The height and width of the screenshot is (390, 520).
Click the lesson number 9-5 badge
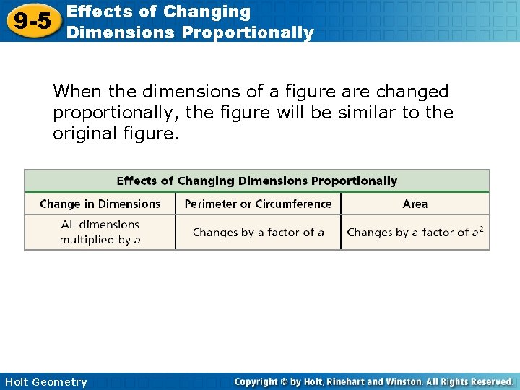[x=32, y=22]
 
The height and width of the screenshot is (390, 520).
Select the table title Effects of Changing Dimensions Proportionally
[x=257, y=181]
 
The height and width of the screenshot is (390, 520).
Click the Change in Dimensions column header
[x=100, y=204]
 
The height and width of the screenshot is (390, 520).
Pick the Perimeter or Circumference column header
[x=258, y=204]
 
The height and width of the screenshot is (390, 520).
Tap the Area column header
[x=415, y=204]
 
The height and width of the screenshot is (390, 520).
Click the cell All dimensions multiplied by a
[x=100, y=232]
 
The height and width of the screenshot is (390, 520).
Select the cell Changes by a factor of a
[x=258, y=233]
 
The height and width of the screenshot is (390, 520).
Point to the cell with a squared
[x=415, y=233]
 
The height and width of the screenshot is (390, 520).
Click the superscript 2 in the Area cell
[x=481, y=229]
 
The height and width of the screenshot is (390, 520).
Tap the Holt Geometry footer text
[x=45, y=382]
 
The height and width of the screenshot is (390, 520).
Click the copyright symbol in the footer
[x=282, y=381]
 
